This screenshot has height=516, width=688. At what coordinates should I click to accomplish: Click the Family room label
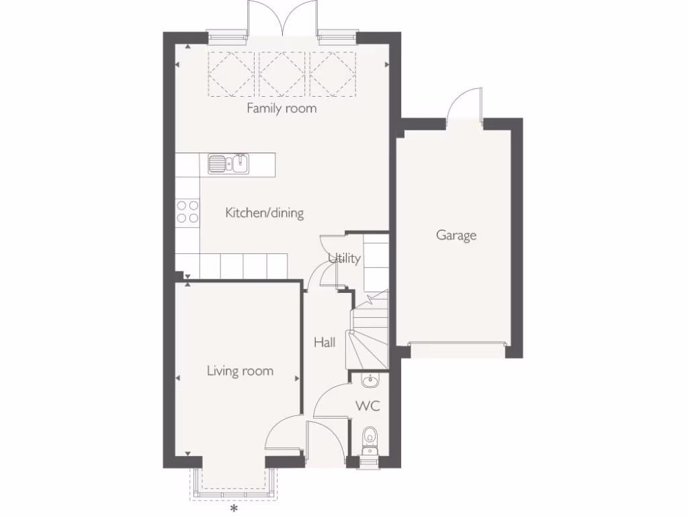pyautogui.click(x=282, y=108)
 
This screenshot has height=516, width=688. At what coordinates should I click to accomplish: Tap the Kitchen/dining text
pyautogui.click(x=264, y=213)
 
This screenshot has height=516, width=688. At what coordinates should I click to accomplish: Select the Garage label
pyautogui.click(x=456, y=235)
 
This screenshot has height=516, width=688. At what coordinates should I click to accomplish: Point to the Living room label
pyautogui.click(x=240, y=370)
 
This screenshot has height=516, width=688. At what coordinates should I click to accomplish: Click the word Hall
pyautogui.click(x=325, y=343)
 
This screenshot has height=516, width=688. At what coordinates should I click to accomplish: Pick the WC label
pyautogui.click(x=368, y=406)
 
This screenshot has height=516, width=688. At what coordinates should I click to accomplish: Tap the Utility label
pyautogui.click(x=345, y=258)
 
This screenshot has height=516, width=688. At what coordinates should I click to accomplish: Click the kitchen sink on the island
pyautogui.click(x=228, y=163)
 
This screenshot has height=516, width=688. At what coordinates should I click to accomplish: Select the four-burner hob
pyautogui.click(x=187, y=212)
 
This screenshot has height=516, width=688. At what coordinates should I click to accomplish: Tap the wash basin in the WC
pyautogui.click(x=370, y=382)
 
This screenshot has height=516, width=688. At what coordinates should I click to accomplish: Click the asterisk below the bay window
pyautogui.click(x=234, y=509)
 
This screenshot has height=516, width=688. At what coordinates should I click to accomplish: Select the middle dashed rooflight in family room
pyautogui.click(x=282, y=74)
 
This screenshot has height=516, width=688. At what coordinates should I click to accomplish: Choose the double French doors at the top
pyautogui.click(x=282, y=19)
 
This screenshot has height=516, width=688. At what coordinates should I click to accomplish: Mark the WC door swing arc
pyautogui.click(x=331, y=401)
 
